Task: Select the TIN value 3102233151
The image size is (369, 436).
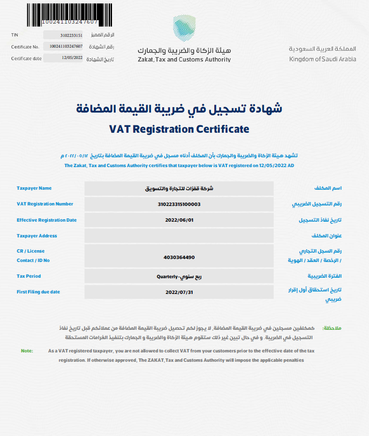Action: (x=71, y=35)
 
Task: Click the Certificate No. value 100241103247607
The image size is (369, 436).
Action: (x=66, y=47)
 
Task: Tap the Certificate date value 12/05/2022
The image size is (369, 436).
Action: (x=72, y=58)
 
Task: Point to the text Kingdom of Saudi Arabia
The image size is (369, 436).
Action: (x=323, y=59)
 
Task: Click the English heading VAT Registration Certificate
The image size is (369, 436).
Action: (x=179, y=129)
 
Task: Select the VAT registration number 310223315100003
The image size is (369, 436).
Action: (x=179, y=204)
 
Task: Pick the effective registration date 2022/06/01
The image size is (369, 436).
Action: (x=179, y=220)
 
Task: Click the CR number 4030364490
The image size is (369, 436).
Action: (x=179, y=257)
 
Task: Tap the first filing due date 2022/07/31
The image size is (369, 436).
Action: (x=179, y=292)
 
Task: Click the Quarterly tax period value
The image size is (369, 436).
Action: (x=179, y=276)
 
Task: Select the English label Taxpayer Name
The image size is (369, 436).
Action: (x=34, y=188)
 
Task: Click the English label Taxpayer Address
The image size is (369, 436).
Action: (x=37, y=236)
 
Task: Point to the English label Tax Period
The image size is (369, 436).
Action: (x=28, y=276)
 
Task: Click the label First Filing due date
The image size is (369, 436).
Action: (x=38, y=292)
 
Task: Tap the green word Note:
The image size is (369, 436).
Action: (x=27, y=351)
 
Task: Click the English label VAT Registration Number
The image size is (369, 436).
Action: (x=45, y=204)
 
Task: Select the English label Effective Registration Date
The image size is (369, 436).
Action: (x=47, y=220)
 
